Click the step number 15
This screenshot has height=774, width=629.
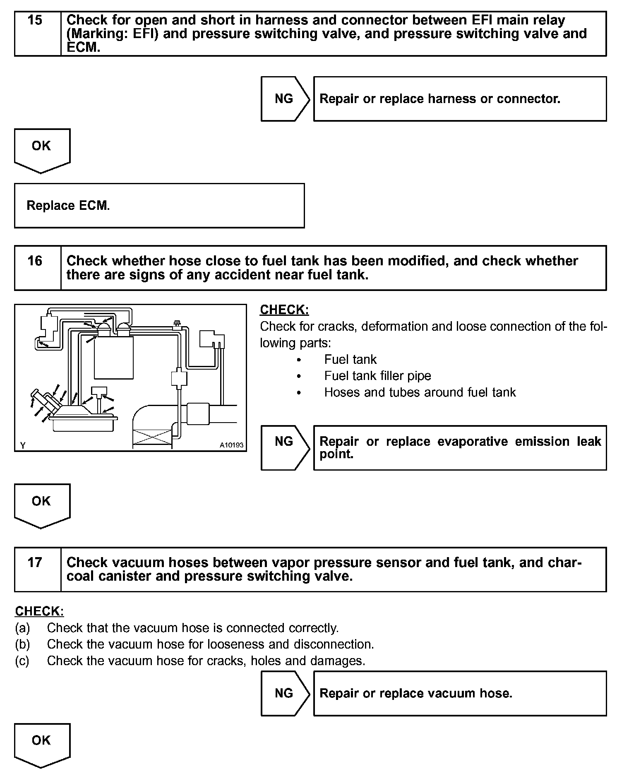35,20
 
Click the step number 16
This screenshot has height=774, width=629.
35,261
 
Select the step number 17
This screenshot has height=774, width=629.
35,562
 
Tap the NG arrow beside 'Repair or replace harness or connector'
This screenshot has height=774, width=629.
284,99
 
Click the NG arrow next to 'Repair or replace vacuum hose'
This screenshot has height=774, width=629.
284,693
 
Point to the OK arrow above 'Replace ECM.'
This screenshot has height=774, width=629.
41,149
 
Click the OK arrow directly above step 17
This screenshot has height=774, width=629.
41,505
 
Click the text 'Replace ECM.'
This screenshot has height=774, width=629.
68,206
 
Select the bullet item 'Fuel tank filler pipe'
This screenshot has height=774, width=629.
377,376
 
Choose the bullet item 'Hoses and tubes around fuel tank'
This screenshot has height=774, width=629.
420,392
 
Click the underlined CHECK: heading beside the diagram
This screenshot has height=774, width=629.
284,310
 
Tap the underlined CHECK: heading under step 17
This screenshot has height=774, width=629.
39,611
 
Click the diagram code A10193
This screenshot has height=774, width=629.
231,445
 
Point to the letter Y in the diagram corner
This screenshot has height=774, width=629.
23,445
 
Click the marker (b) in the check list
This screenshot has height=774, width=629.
22,644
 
